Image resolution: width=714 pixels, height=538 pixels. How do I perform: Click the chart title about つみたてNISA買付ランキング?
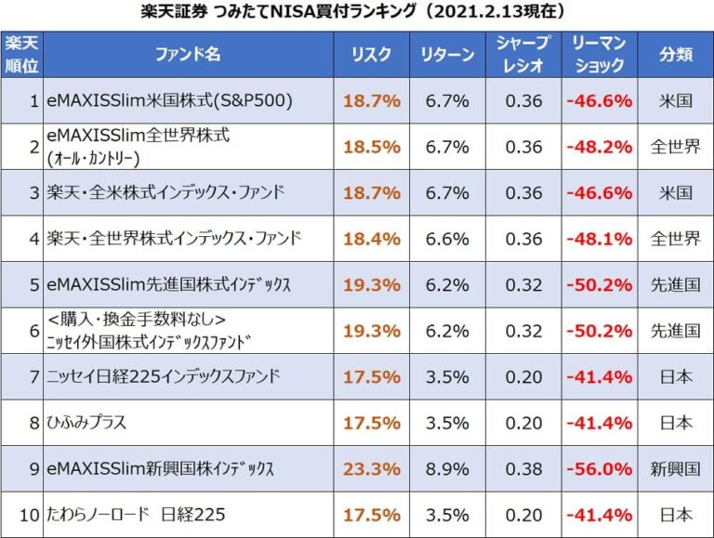(x=357, y=12)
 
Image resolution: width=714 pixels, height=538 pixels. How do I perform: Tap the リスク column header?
(x=371, y=55)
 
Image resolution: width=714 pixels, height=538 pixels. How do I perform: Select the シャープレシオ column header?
(x=523, y=55)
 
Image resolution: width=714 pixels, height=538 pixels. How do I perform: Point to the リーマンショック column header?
(x=600, y=55)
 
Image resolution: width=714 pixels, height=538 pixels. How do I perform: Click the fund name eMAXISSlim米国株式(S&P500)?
(x=172, y=101)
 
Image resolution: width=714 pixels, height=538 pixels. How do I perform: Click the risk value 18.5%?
(x=371, y=147)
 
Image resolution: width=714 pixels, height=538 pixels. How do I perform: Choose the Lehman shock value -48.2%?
(x=600, y=147)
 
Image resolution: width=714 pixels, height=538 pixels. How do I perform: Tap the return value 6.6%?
(x=447, y=239)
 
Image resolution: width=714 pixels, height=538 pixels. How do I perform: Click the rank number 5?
(x=33, y=285)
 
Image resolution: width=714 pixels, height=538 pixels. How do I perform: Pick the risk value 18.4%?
(x=371, y=239)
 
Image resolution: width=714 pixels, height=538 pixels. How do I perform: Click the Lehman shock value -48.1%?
(x=600, y=239)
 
